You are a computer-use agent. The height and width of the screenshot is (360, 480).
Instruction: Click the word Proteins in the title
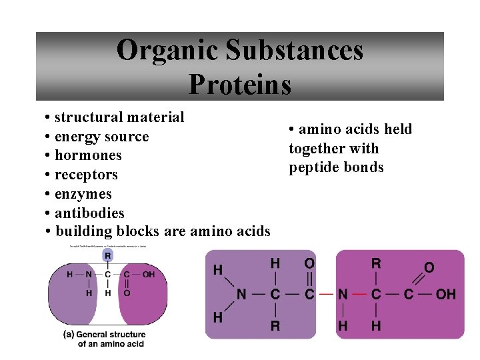(x=240, y=84)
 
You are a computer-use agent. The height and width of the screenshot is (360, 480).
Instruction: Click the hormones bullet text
(x=88, y=155)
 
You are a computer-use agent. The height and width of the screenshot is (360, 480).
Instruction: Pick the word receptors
(x=86, y=175)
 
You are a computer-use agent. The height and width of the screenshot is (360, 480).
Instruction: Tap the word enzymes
(x=83, y=194)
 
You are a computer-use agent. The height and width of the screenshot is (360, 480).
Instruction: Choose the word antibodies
(x=89, y=213)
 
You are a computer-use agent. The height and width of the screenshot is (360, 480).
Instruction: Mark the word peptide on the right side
(x=312, y=167)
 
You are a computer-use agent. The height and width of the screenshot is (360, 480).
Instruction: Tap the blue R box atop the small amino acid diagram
(x=108, y=255)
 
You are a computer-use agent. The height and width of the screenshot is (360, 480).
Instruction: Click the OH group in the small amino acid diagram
(x=148, y=274)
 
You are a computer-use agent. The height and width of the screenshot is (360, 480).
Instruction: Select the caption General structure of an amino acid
(x=111, y=339)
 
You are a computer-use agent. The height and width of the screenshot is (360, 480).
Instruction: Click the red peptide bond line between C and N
(x=325, y=294)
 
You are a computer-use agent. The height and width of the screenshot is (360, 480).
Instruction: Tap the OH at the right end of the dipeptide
(x=446, y=294)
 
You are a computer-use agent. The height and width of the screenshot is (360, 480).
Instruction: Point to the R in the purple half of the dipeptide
(x=275, y=325)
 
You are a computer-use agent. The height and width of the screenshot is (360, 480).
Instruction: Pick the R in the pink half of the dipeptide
(x=377, y=263)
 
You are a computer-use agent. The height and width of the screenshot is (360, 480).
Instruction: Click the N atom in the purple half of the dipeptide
(x=241, y=294)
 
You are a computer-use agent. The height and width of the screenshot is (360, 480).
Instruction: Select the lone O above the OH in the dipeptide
(x=429, y=267)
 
